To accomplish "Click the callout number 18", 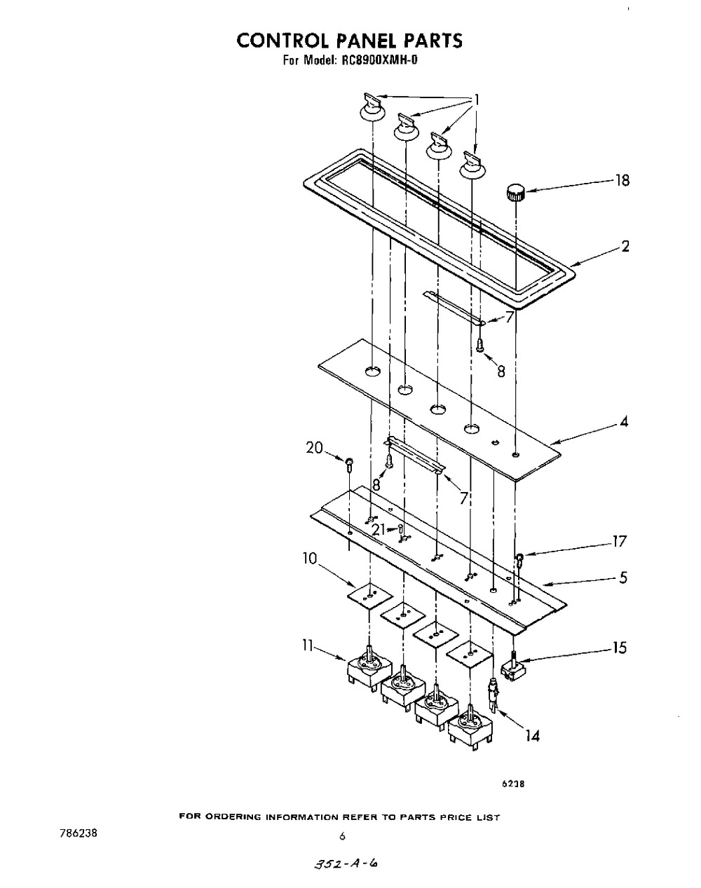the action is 622,180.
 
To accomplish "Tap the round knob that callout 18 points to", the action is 515,193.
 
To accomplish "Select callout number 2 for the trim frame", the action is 625,246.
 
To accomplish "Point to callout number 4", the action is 624,421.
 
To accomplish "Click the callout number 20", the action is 315,448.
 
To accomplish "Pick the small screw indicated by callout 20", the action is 349,465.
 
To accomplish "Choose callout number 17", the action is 619,541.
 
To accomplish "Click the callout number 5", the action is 623,578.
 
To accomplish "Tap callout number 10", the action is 310,559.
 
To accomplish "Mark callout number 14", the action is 533,736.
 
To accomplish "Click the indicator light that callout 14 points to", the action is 494,697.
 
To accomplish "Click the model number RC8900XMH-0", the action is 379,60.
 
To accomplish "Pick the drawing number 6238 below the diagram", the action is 512,784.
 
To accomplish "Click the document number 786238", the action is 79,833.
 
